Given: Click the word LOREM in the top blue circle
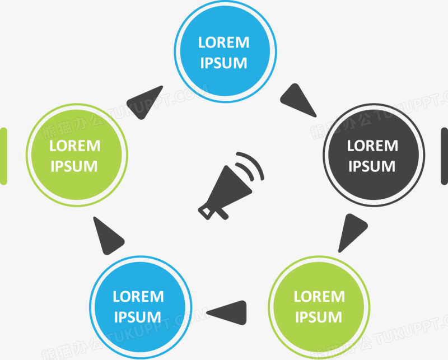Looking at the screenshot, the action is coord(223,43).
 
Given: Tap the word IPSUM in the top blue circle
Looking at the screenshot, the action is coord(223,63).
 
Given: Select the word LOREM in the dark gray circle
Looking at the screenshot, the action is coord(372,146).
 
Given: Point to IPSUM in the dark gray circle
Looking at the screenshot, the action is coord(372,166).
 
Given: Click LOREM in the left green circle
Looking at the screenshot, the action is coord(75,146).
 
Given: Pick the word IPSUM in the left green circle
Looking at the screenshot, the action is coord(74,166).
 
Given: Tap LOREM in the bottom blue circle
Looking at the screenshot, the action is coord(138,297).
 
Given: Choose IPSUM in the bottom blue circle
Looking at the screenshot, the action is coord(138,317).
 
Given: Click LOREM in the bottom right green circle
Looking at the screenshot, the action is coord(319,297).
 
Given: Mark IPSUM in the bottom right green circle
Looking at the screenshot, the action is coord(319,317).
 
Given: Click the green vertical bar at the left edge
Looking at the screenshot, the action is coord(3,156).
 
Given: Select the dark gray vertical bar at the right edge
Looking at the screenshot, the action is coord(445,156).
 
